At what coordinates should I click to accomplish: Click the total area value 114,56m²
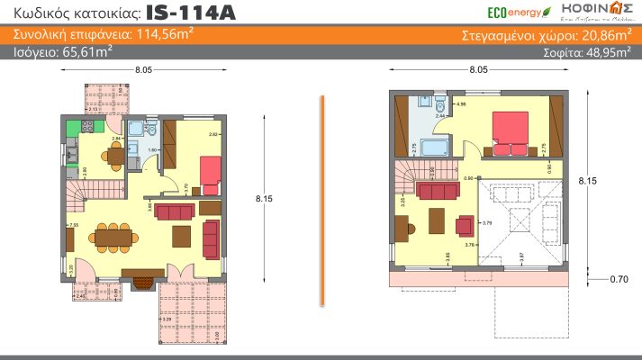tap(140, 36)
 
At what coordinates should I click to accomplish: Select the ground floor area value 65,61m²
tap(86, 53)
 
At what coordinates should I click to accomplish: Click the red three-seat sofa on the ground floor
tap(175, 211)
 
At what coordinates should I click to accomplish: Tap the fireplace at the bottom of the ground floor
tap(142, 283)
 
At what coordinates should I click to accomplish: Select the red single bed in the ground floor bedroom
tap(210, 174)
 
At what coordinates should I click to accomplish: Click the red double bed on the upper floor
tap(511, 130)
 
